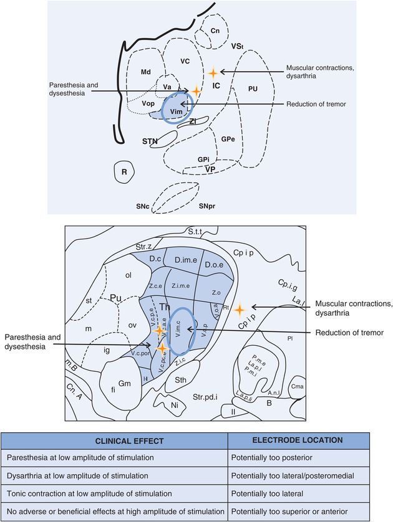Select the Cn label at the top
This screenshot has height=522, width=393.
pyautogui.click(x=215, y=31)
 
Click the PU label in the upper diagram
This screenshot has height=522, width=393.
pyautogui.click(x=252, y=89)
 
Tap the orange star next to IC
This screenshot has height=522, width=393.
pyautogui.click(x=213, y=72)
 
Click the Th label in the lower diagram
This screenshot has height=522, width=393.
pyautogui.click(x=165, y=306)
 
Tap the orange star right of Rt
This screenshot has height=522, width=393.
pyautogui.click(x=240, y=309)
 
